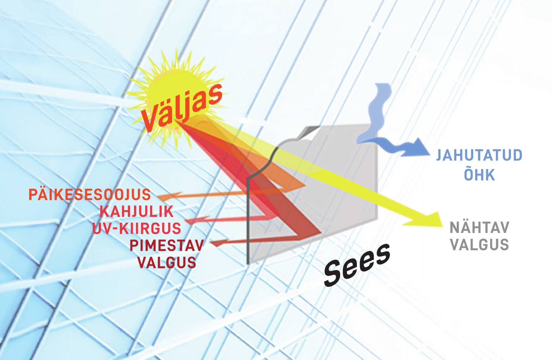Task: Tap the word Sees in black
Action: pyautogui.click(x=357, y=264)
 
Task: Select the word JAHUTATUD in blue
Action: pyautogui.click(x=479, y=155)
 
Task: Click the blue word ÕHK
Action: pyautogui.click(x=479, y=175)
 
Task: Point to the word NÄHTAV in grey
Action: pyautogui.click(x=479, y=228)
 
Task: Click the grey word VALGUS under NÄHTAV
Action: pyautogui.click(x=479, y=245)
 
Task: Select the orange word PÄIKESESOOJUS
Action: pyautogui.click(x=90, y=195)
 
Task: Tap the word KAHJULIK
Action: pyautogui.click(x=136, y=211)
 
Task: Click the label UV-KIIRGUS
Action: pyautogui.click(x=137, y=228)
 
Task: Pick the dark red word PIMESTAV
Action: pyautogui.click(x=166, y=246)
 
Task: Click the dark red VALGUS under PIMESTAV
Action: pyautogui.click(x=166, y=263)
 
